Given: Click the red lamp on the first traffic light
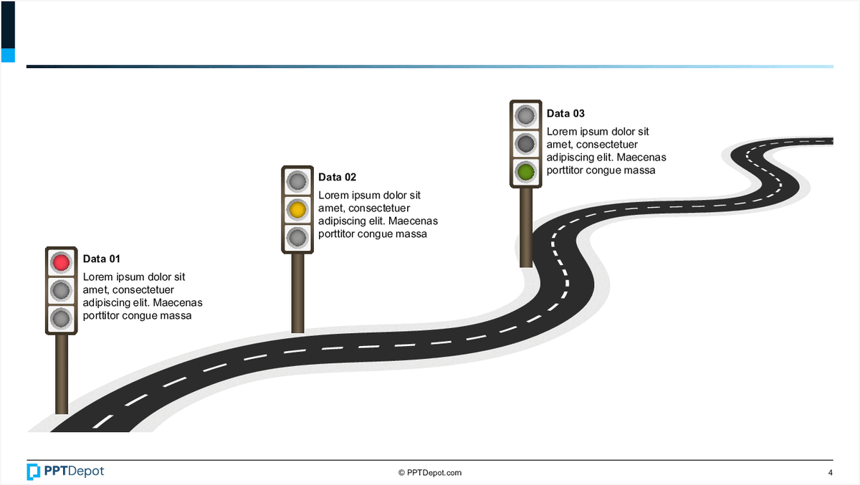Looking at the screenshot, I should [62, 262].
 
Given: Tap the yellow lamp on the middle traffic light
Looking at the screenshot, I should [297, 209].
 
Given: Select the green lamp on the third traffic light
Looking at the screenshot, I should [526, 171].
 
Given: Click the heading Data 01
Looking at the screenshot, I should [102, 259].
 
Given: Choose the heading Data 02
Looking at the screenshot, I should [337, 177].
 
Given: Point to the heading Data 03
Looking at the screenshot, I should [565, 113].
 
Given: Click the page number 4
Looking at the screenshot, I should [830, 472].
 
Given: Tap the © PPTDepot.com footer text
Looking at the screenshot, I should [430, 472].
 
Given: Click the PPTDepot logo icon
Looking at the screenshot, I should [34, 471].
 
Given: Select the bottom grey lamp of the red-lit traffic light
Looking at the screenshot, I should [62, 317].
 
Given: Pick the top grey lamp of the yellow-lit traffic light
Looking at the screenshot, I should [297, 181].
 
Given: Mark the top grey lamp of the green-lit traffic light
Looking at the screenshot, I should [526, 115].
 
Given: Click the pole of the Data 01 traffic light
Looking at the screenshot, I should [62, 373].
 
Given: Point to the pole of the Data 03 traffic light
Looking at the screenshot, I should [526, 226].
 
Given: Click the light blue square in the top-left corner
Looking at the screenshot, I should [8, 55].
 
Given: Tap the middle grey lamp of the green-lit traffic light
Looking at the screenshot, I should [526, 143].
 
